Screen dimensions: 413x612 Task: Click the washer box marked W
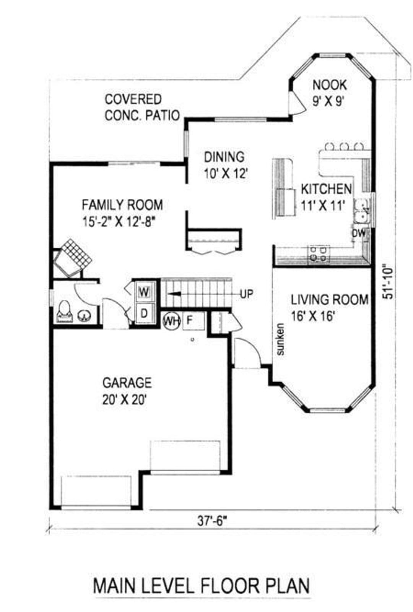[x=144, y=292]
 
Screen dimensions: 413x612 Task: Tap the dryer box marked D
[x=144, y=313]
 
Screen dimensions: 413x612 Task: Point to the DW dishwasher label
[x=359, y=233]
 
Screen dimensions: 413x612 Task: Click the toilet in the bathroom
[x=65, y=312]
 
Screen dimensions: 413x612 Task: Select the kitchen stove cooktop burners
[x=319, y=254]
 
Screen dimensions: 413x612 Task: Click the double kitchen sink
[x=363, y=212]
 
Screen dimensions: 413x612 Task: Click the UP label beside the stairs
[x=247, y=294]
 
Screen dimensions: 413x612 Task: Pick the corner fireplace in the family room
[x=72, y=258]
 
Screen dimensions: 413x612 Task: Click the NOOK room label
[x=330, y=85]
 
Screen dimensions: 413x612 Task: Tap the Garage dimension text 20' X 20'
[x=124, y=401]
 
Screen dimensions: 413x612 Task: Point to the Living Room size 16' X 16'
[x=313, y=317]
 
